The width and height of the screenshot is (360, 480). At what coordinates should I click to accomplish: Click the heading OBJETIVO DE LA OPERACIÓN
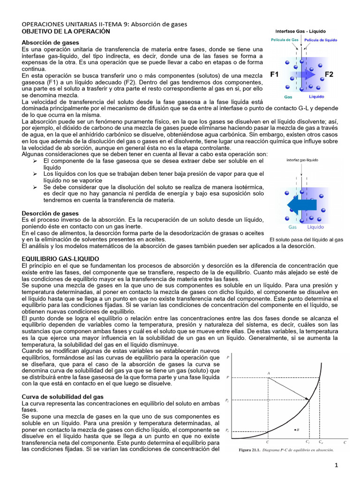pos(66,31)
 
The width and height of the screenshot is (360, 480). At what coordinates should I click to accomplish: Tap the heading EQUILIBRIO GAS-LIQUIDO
pos(67,259)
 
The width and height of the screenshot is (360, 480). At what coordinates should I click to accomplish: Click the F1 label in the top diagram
pos(275,74)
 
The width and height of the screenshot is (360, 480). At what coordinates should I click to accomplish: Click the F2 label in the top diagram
pos(329,74)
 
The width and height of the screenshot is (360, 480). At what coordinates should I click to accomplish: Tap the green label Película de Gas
pos(285,40)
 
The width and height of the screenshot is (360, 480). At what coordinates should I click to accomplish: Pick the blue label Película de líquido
pos(321,40)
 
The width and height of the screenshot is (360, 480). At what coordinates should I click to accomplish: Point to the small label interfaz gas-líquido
pos(302,160)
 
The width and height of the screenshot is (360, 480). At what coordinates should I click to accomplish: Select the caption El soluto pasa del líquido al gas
pos(307,240)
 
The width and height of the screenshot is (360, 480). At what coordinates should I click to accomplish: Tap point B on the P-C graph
pos(294,429)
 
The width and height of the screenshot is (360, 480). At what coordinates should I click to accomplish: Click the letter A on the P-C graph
pos(269,373)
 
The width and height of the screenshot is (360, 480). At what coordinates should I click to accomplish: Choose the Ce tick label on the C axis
pos(321,442)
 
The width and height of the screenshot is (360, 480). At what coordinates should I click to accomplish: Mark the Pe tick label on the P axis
pos(227,430)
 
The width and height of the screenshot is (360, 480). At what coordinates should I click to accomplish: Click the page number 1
pos(336,465)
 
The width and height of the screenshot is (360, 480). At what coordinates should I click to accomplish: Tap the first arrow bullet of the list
pos(35,161)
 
